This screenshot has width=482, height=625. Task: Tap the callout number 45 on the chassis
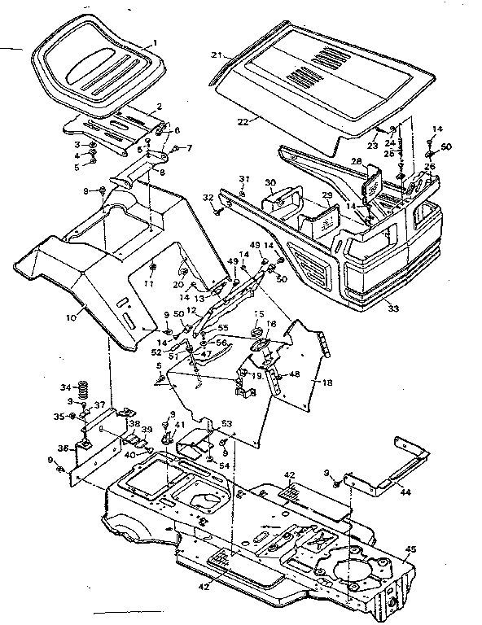[x=410, y=549]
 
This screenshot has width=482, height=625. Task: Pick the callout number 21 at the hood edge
[x=217, y=55]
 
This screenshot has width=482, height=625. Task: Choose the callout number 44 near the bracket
[x=404, y=491]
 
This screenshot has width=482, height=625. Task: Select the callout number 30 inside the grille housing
[x=269, y=184]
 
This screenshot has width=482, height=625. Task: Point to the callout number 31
[x=242, y=179]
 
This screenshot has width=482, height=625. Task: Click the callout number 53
[x=226, y=423]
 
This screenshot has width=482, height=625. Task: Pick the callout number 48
[x=296, y=374]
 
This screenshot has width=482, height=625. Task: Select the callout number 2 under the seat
[x=159, y=107]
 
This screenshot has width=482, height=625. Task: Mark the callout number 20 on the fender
[x=178, y=283]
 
